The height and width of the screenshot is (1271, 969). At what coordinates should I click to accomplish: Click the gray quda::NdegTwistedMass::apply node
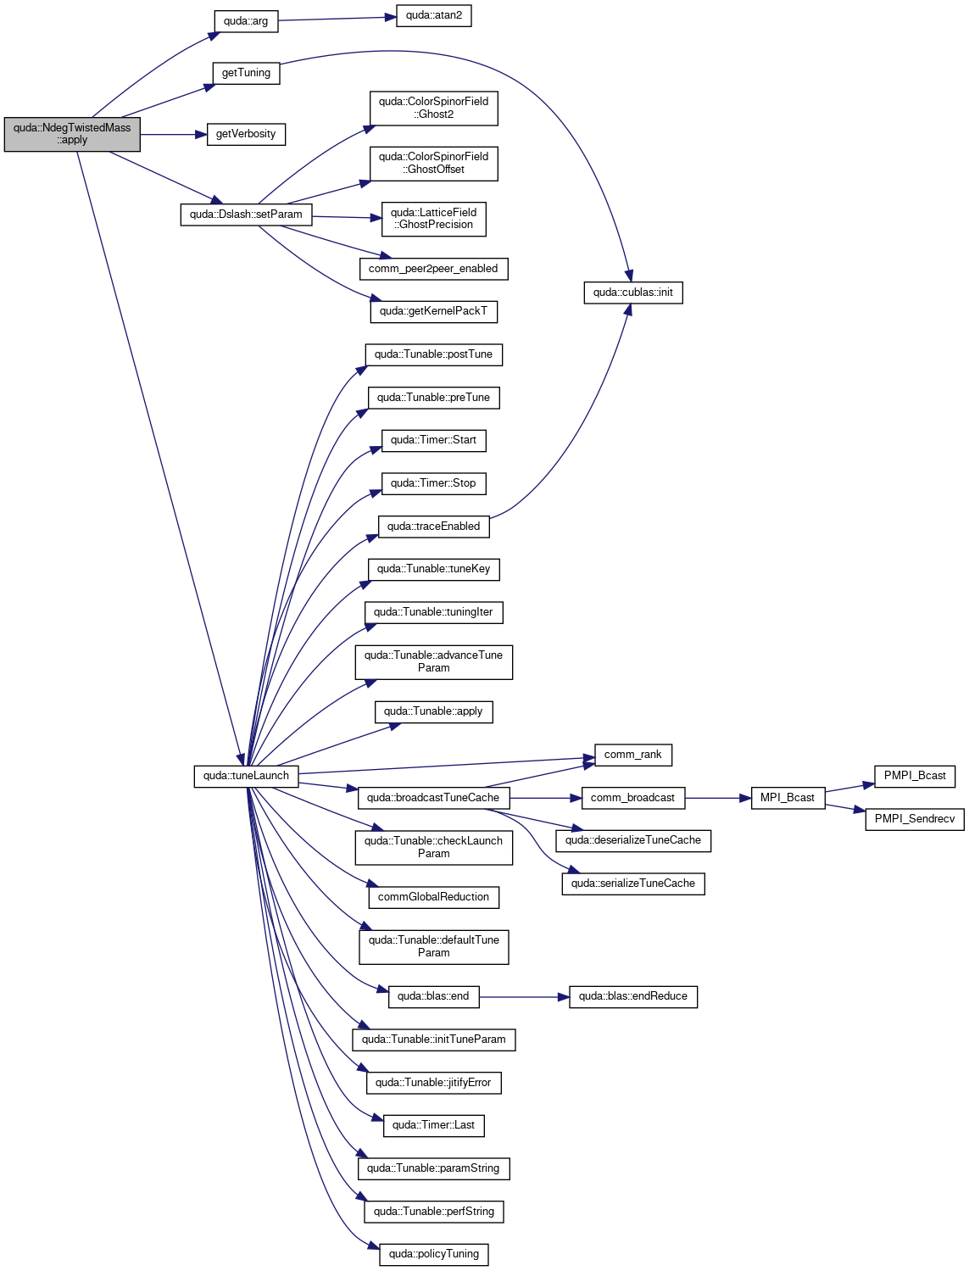click(x=72, y=134)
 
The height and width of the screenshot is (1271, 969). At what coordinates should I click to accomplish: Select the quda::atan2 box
click(x=433, y=15)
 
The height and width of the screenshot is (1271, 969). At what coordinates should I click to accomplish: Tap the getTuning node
click(x=246, y=73)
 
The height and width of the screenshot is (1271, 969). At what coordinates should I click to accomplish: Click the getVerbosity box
click(x=246, y=134)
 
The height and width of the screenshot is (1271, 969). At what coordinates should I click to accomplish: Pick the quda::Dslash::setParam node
click(x=246, y=215)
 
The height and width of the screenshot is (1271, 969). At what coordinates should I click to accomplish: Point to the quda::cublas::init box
click(x=632, y=293)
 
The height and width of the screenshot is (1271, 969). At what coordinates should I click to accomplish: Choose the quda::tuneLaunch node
click(x=246, y=776)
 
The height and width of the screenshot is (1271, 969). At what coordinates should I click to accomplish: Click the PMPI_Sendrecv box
click(x=914, y=819)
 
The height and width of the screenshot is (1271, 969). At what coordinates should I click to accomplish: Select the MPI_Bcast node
click(x=788, y=798)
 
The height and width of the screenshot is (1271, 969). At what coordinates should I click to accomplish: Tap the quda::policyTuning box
click(x=433, y=1254)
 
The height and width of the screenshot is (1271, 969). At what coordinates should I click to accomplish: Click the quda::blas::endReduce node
click(x=632, y=996)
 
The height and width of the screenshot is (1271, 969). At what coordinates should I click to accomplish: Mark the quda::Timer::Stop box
click(x=433, y=483)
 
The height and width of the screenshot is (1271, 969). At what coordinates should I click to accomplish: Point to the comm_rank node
click(x=632, y=755)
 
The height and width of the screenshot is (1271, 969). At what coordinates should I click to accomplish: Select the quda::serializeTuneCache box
click(x=632, y=884)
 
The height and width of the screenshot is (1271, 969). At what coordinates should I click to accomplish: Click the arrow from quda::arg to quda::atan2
click(x=337, y=19)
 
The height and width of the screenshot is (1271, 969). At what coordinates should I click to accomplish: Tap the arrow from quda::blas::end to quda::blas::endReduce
click(x=524, y=996)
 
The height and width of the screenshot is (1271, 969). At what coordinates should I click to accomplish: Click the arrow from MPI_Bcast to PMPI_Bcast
click(x=849, y=788)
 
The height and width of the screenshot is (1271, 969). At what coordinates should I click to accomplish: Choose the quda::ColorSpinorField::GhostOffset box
click(x=433, y=164)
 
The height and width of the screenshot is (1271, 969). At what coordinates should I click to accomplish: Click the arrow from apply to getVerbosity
click(x=174, y=134)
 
